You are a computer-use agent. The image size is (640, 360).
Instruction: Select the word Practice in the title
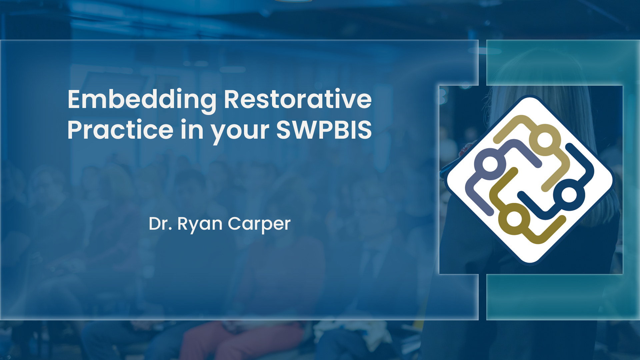click(x=120, y=130)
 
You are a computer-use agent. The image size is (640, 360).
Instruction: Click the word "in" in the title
click(x=192, y=130)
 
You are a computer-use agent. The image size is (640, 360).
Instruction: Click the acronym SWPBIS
click(x=324, y=130)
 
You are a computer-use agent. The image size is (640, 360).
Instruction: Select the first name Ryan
click(x=200, y=224)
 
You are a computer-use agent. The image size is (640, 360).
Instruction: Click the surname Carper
click(x=259, y=224)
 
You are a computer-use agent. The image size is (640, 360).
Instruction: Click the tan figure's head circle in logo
click(x=545, y=140)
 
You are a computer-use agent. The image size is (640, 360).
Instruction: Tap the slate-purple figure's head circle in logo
click(x=490, y=164)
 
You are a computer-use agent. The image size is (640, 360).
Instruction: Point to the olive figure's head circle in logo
click(x=514, y=219)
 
